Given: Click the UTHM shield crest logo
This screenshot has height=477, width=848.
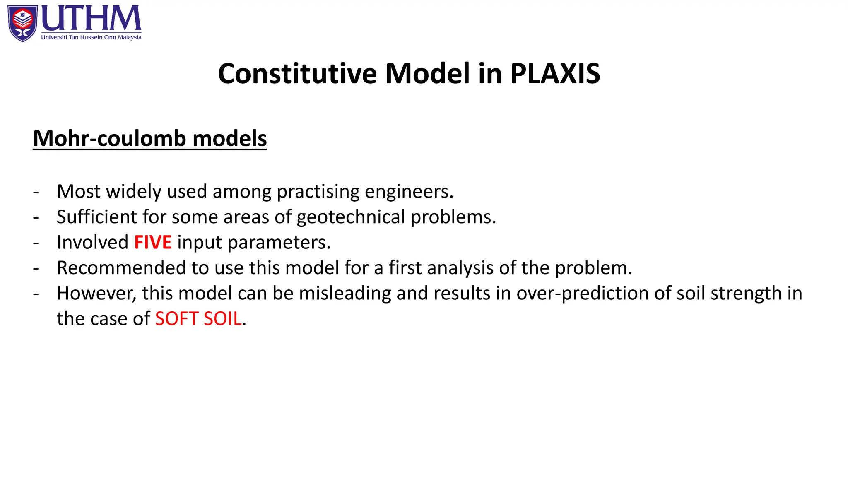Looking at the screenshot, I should tap(22, 23).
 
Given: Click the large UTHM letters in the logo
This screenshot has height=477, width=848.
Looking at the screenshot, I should tap(91, 19).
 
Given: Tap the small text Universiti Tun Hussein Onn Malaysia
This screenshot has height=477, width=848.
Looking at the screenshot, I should tap(91, 37).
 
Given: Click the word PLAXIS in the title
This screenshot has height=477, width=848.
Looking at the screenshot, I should tap(555, 74).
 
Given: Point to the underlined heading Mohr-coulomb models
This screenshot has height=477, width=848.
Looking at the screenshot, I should tap(150, 138).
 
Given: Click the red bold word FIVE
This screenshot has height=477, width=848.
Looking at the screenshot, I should tap(153, 242).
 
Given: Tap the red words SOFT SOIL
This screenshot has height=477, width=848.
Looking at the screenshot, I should tap(198, 319).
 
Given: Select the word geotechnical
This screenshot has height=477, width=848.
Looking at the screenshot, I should tap(351, 217).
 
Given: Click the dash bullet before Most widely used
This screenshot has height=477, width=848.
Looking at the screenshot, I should tap(36, 192).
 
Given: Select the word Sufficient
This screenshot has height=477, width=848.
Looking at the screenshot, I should tap(96, 217).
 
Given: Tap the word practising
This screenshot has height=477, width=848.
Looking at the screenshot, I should tap(318, 192).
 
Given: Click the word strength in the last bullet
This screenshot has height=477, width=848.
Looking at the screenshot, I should tap(746, 293).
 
